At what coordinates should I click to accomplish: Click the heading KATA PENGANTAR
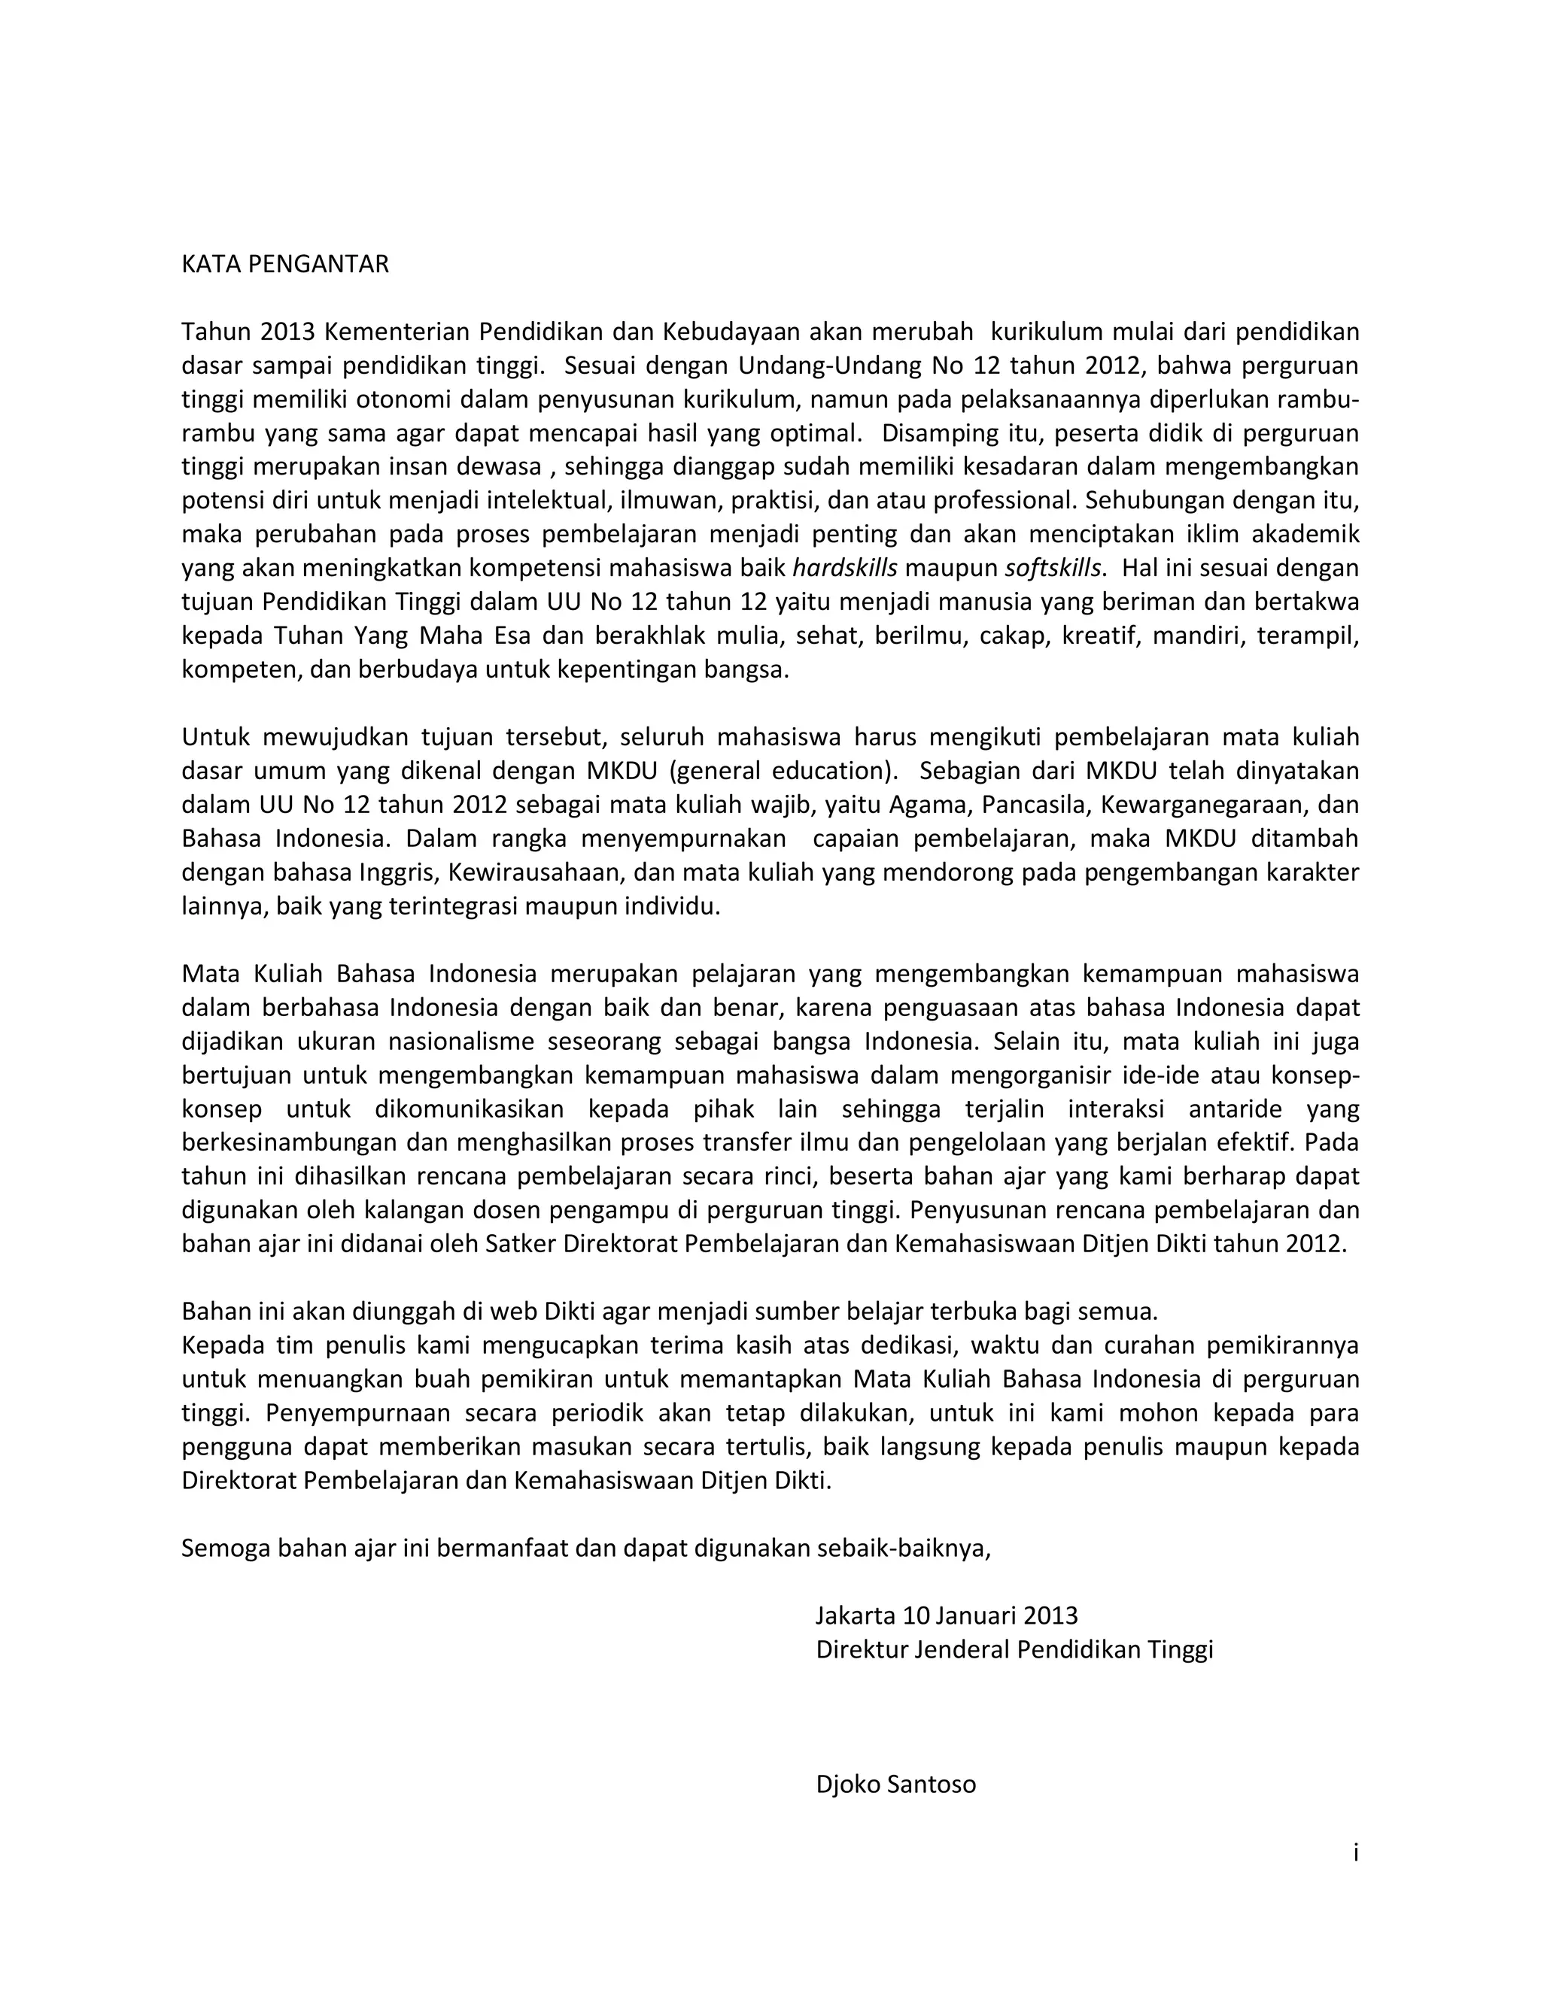[285, 265]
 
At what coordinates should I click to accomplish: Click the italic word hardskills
[844, 569]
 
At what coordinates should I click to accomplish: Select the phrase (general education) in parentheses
[782, 771]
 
